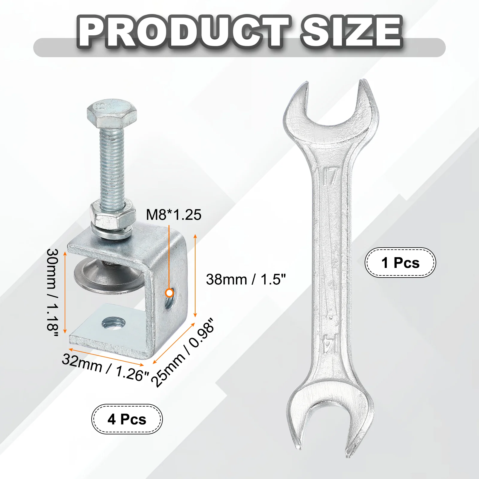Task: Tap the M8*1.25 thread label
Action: tap(174, 215)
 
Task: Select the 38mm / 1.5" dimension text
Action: tap(246, 279)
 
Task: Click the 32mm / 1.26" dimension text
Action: tap(105, 367)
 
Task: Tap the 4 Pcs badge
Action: tap(127, 419)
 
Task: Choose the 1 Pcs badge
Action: tap(400, 263)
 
